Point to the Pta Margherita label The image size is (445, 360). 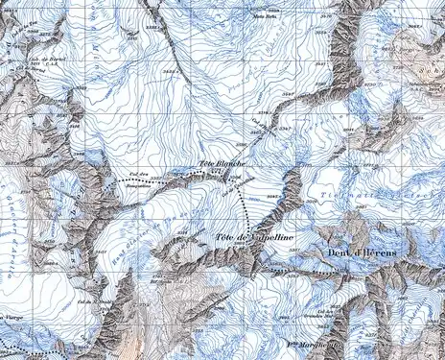[x=315, y=345]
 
